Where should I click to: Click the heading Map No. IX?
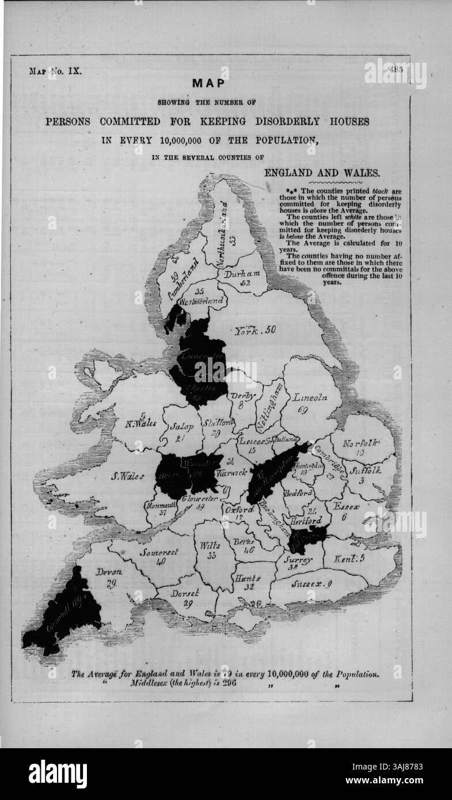55,72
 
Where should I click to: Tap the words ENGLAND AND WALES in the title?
322,172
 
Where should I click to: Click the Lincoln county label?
310,397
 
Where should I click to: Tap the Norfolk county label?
362,443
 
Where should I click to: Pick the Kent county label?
348,557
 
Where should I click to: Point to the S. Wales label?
128,476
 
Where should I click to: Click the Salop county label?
181,428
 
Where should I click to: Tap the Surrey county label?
298,559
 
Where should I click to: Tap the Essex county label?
345,507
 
